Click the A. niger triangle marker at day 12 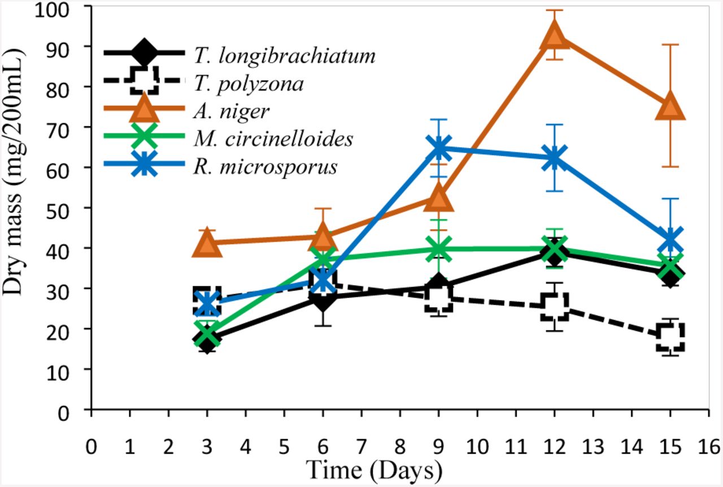(555, 35)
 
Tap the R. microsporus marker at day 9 (439, 148)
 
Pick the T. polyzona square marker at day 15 (670, 337)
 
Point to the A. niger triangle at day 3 (207, 244)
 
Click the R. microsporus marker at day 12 (555, 158)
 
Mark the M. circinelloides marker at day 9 (439, 248)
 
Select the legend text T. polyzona (248, 84)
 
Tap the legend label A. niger (231, 111)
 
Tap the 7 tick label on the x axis (361, 445)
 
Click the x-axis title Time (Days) (373, 469)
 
